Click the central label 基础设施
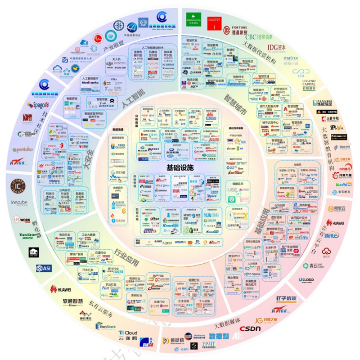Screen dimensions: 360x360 (180, 167)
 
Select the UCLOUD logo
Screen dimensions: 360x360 (306, 279)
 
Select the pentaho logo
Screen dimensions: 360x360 (22, 149)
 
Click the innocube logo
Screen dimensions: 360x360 (20, 203)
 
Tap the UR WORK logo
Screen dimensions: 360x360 (22, 220)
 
